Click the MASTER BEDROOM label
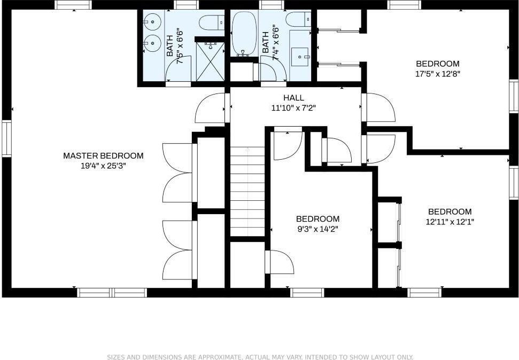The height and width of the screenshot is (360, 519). pyautogui.click(x=103, y=155)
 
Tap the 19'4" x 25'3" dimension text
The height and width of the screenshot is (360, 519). pyautogui.click(x=103, y=166)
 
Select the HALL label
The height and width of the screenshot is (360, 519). pyautogui.click(x=293, y=98)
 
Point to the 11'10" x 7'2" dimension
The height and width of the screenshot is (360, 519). pyautogui.click(x=293, y=108)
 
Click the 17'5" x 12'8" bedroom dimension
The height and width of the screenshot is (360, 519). pyautogui.click(x=438, y=74)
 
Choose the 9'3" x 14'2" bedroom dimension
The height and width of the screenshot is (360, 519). pyautogui.click(x=317, y=229)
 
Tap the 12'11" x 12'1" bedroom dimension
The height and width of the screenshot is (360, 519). pyautogui.click(x=450, y=222)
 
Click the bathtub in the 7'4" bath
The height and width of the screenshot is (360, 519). pyautogui.click(x=244, y=34)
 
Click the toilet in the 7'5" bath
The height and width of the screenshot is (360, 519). pyautogui.click(x=211, y=22)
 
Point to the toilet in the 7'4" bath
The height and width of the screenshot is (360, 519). pyautogui.click(x=299, y=19)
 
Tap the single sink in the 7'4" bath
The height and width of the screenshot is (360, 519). pyautogui.click(x=300, y=57)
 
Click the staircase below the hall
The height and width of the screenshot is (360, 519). pyautogui.click(x=247, y=192)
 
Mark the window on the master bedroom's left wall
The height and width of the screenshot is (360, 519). pyautogui.click(x=6, y=138)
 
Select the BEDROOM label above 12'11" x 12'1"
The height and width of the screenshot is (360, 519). pyautogui.click(x=450, y=212)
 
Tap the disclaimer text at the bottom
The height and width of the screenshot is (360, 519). pyautogui.click(x=260, y=357)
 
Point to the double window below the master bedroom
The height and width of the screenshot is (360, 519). pyautogui.click(x=112, y=293)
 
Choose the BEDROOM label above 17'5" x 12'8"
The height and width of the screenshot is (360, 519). pyautogui.click(x=438, y=64)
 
